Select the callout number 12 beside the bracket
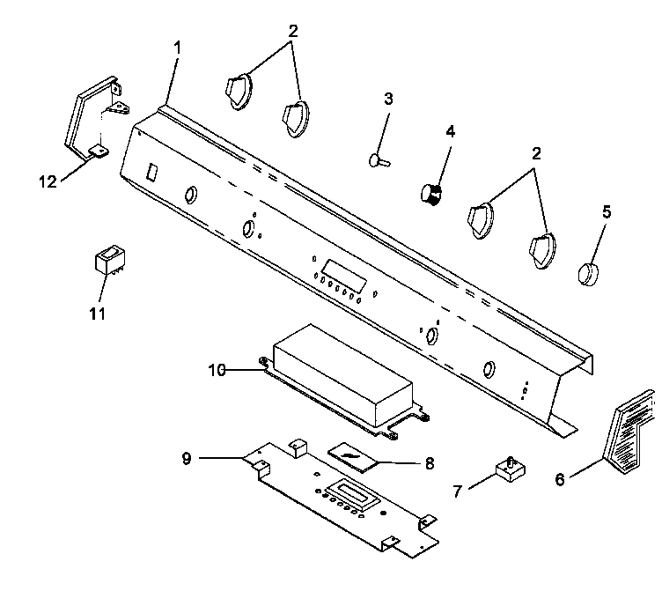click(x=48, y=181)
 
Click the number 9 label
click(x=187, y=457)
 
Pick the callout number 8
click(x=429, y=463)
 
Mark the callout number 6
click(x=561, y=481)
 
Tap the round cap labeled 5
click(x=589, y=271)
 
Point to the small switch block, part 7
click(x=510, y=469)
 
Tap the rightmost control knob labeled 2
click(x=541, y=251)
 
